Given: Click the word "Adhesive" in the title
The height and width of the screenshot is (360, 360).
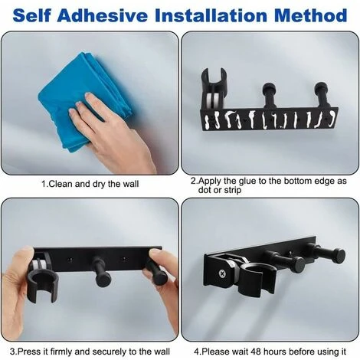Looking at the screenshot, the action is pyautogui.click(x=102, y=15).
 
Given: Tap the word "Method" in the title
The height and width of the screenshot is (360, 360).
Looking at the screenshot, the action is pyautogui.click(x=311, y=15).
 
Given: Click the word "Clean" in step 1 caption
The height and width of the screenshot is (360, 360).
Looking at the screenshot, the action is pyautogui.click(x=61, y=184).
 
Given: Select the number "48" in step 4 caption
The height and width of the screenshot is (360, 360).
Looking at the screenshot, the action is pyautogui.click(x=257, y=352).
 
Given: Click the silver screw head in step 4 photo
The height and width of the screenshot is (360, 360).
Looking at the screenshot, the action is pyautogui.click(x=222, y=274).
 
